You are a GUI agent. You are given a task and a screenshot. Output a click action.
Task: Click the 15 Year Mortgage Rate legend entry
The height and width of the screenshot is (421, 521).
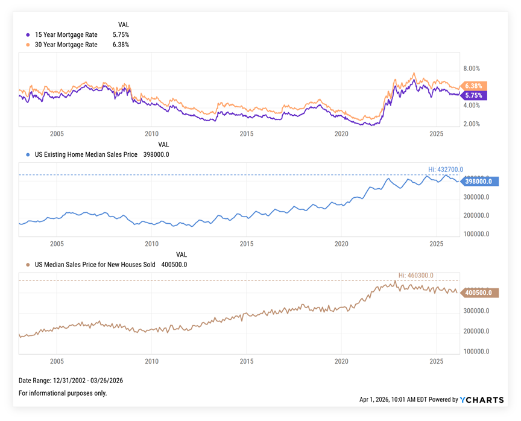[x=66, y=35]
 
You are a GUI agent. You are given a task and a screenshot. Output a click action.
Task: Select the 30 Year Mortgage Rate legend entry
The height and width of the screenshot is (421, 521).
[x=66, y=45]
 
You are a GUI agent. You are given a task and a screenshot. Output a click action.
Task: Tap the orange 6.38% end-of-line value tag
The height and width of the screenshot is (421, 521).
[x=474, y=86]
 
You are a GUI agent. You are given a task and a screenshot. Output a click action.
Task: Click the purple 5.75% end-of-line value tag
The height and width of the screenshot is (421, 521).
[x=474, y=95]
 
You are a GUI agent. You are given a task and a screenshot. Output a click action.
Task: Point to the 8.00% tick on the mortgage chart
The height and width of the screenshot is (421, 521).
[x=471, y=69]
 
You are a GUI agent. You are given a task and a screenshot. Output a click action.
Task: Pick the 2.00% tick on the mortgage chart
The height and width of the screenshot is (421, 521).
[x=471, y=124]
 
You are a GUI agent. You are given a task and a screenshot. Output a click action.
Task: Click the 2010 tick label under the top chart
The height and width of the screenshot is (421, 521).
[x=151, y=134]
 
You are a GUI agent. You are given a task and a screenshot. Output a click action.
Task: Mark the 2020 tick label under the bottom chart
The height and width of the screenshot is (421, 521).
[x=341, y=361]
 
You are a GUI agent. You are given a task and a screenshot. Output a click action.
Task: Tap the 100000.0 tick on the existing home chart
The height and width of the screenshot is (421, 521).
[x=476, y=234]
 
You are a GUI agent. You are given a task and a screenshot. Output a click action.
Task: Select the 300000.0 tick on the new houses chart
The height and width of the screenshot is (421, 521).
[x=476, y=311]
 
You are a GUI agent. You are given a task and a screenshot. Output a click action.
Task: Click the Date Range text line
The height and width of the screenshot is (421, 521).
[x=71, y=381]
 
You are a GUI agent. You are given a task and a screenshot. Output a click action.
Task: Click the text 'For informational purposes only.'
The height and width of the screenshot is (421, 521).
[x=63, y=393]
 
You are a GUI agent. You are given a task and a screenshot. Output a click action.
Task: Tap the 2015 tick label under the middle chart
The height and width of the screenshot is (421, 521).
[x=247, y=244]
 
